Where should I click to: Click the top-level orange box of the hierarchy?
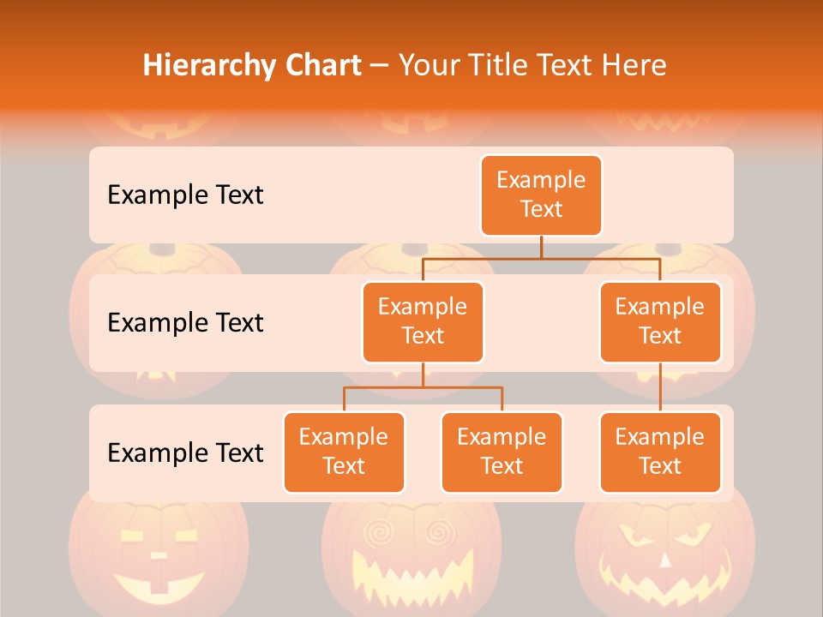coord(541,195)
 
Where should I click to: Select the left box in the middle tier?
coord(423,322)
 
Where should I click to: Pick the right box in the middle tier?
coord(660,322)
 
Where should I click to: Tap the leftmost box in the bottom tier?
coord(344,452)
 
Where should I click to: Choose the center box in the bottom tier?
coord(502,452)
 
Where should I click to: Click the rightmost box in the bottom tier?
coord(660,452)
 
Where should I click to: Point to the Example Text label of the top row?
coord(185,195)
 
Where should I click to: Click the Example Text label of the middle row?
coord(185,323)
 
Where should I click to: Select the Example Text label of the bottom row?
coord(185,452)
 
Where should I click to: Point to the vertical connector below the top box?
coord(541,247)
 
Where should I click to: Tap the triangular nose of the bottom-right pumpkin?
coord(664,561)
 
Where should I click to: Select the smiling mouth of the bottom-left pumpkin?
coord(159,585)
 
